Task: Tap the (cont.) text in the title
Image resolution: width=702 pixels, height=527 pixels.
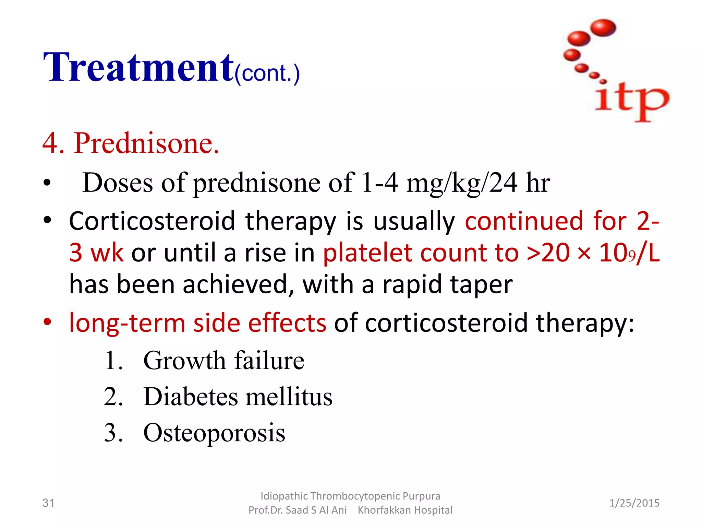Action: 267,73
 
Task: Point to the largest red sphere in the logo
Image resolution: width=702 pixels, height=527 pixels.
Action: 603,27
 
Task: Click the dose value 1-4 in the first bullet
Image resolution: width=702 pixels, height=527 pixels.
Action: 380,183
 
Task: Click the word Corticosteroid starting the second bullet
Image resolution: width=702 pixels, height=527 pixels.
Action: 152,221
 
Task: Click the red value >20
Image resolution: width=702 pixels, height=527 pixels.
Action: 548,253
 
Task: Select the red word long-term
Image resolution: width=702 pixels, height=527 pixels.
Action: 127,323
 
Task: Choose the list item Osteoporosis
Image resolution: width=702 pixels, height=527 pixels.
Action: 214,433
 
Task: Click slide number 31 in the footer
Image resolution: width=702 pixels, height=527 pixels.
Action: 48,503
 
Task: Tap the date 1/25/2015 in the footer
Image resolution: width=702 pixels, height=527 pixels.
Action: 634,503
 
